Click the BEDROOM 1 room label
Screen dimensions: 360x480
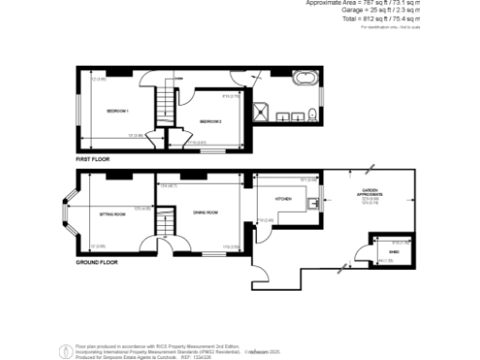click(117, 112)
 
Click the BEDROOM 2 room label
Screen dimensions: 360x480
click(209, 122)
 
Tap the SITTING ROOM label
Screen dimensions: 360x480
click(112, 214)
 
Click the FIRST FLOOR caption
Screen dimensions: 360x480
click(93, 159)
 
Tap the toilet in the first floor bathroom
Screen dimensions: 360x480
click(310, 115)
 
